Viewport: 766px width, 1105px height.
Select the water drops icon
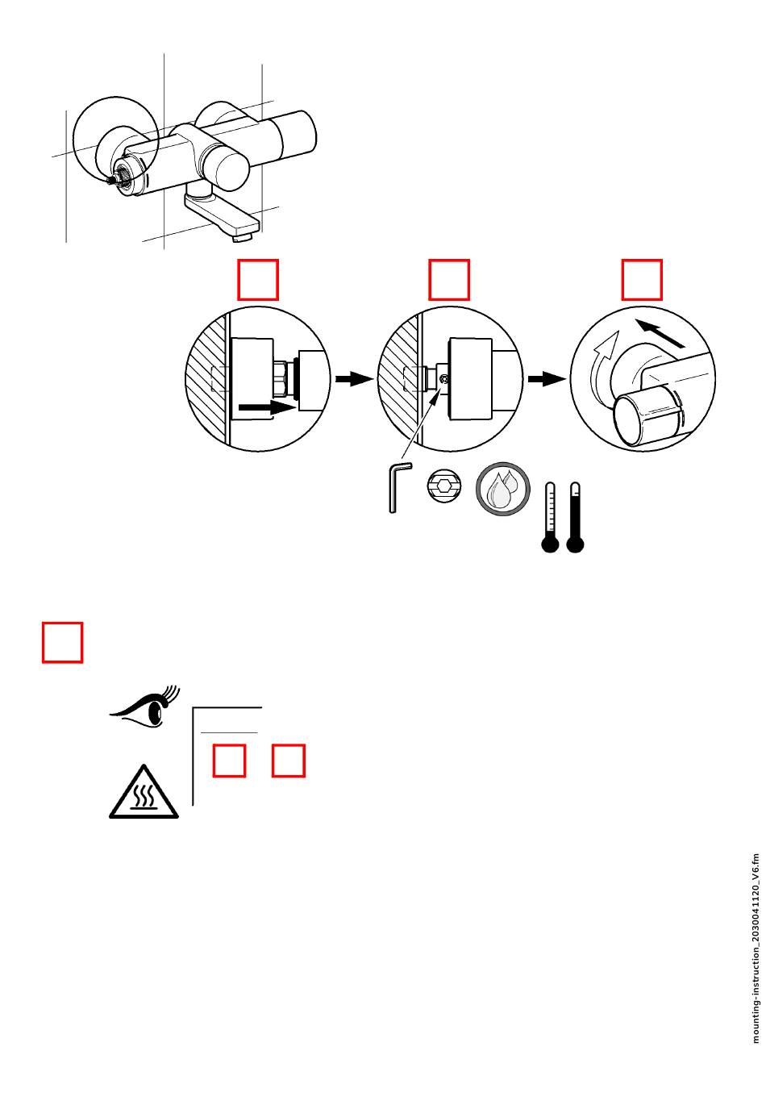tap(503, 488)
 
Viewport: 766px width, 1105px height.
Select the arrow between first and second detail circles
tap(352, 379)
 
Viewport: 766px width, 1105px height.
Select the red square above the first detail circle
tap(258, 279)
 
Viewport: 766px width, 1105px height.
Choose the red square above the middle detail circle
tap(449, 279)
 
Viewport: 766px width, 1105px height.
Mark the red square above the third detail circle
tap(642, 279)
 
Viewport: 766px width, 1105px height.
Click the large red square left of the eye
tap(63, 642)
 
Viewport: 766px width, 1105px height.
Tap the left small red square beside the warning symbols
tap(230, 761)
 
